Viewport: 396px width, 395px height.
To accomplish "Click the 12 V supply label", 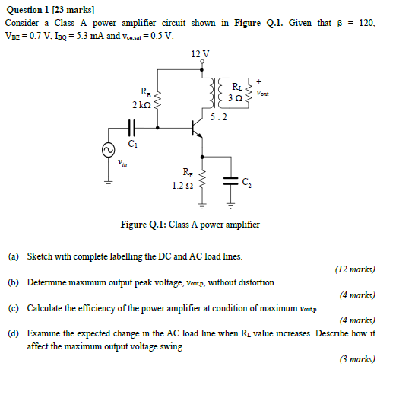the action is coord(201,53).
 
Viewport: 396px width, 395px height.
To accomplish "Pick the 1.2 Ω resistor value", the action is coord(183,185).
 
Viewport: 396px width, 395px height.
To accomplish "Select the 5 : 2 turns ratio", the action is coord(218,117).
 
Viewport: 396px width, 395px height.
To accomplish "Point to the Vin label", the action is coord(123,163).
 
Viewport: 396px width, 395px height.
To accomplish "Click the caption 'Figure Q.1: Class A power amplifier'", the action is coord(190,225).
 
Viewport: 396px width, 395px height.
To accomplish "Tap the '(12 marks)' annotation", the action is coord(354,269).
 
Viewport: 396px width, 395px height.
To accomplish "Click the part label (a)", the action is coord(14,257).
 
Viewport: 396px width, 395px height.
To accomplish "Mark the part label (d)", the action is coord(14,333).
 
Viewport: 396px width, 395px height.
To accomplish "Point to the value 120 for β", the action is coord(366,24).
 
